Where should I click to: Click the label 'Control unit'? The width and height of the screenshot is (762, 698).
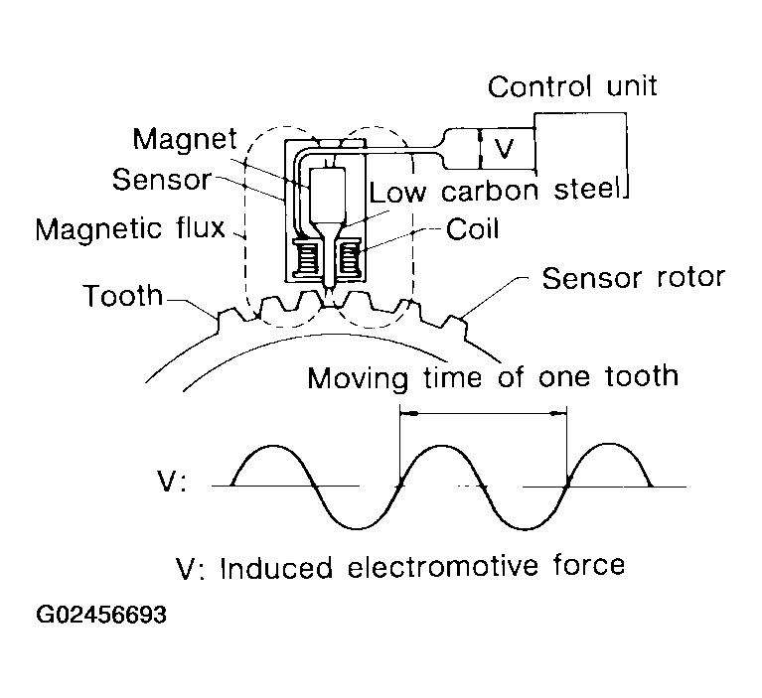(572, 87)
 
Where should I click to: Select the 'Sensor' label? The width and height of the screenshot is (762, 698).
(162, 181)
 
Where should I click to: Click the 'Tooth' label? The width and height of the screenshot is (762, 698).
(123, 296)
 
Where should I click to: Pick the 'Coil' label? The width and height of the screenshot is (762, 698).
(473, 229)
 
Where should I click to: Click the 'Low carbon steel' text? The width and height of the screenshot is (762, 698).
(495, 189)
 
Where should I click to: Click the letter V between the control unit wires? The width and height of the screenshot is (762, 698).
(506, 148)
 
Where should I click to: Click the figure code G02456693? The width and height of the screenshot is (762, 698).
(100, 616)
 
